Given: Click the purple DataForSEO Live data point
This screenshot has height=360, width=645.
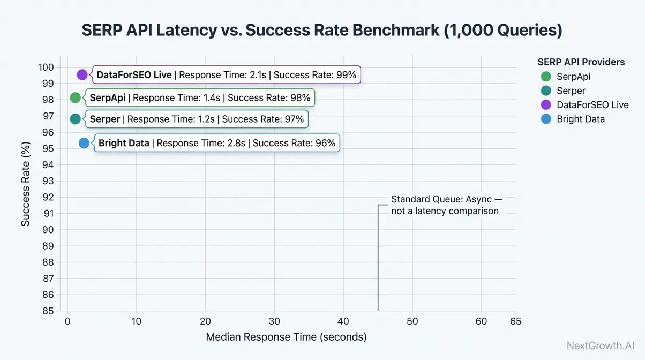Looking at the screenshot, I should (82, 75).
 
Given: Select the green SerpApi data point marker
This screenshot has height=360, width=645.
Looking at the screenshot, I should (76, 97).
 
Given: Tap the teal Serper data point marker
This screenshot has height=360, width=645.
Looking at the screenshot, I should (76, 119).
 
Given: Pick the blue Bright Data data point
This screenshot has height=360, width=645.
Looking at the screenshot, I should (84, 143).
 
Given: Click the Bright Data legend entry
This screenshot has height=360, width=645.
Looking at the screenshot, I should (573, 119).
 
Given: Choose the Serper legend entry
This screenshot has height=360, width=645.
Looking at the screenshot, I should (564, 91).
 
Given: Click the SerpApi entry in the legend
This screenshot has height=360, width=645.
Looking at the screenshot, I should (566, 77).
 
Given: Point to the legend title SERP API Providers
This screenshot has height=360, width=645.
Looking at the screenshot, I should (581, 62).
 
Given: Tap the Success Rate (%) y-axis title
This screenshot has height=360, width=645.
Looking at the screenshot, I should (25, 184).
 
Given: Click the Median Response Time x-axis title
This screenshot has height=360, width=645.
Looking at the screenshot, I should (286, 337).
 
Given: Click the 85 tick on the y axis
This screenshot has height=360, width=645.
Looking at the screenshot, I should (49, 311).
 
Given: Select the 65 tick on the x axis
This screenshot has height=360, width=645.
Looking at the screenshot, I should (515, 321).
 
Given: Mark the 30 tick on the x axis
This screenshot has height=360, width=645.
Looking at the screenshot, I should (274, 321).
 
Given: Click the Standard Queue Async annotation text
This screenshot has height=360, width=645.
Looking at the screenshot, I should (446, 205).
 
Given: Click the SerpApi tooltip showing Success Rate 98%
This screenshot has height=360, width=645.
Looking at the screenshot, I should (200, 98).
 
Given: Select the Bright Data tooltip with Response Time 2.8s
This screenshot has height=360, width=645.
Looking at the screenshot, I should (217, 143).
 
